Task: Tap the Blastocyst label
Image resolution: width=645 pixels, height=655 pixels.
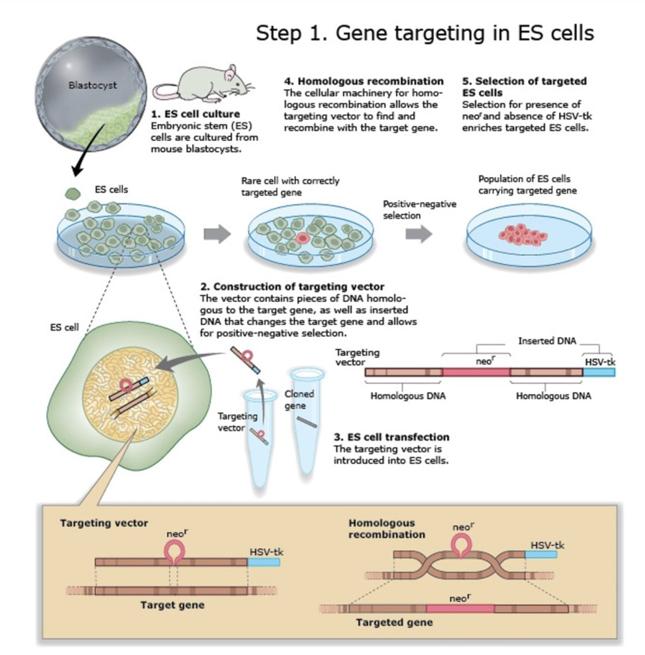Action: (x=92, y=85)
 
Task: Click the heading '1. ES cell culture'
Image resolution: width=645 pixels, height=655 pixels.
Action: (x=195, y=114)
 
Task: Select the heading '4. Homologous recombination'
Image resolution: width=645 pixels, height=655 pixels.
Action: (x=364, y=81)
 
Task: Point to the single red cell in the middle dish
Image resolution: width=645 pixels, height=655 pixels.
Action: (x=302, y=237)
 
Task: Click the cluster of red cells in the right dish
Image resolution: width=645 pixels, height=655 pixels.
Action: (x=523, y=235)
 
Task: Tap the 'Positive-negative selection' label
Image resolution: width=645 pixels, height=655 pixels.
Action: (x=419, y=210)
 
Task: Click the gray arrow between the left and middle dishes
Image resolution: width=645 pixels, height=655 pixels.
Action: (x=217, y=234)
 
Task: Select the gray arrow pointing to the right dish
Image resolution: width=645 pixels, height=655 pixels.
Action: (x=419, y=234)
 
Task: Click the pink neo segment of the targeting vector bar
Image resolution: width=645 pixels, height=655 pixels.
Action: (x=476, y=372)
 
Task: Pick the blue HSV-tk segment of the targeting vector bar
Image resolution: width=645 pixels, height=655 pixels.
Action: (x=599, y=372)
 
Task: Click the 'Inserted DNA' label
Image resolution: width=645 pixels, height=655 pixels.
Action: (x=547, y=341)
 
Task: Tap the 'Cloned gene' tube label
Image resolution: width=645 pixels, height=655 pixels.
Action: (x=299, y=400)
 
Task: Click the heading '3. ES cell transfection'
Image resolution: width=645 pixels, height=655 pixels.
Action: (x=391, y=437)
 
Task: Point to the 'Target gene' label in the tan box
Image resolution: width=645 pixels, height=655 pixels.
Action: (x=172, y=605)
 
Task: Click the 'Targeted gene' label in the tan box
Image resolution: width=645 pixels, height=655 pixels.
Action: (x=394, y=622)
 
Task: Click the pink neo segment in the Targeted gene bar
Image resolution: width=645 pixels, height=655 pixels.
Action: (x=460, y=609)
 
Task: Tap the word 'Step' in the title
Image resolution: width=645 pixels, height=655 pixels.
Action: (x=279, y=33)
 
